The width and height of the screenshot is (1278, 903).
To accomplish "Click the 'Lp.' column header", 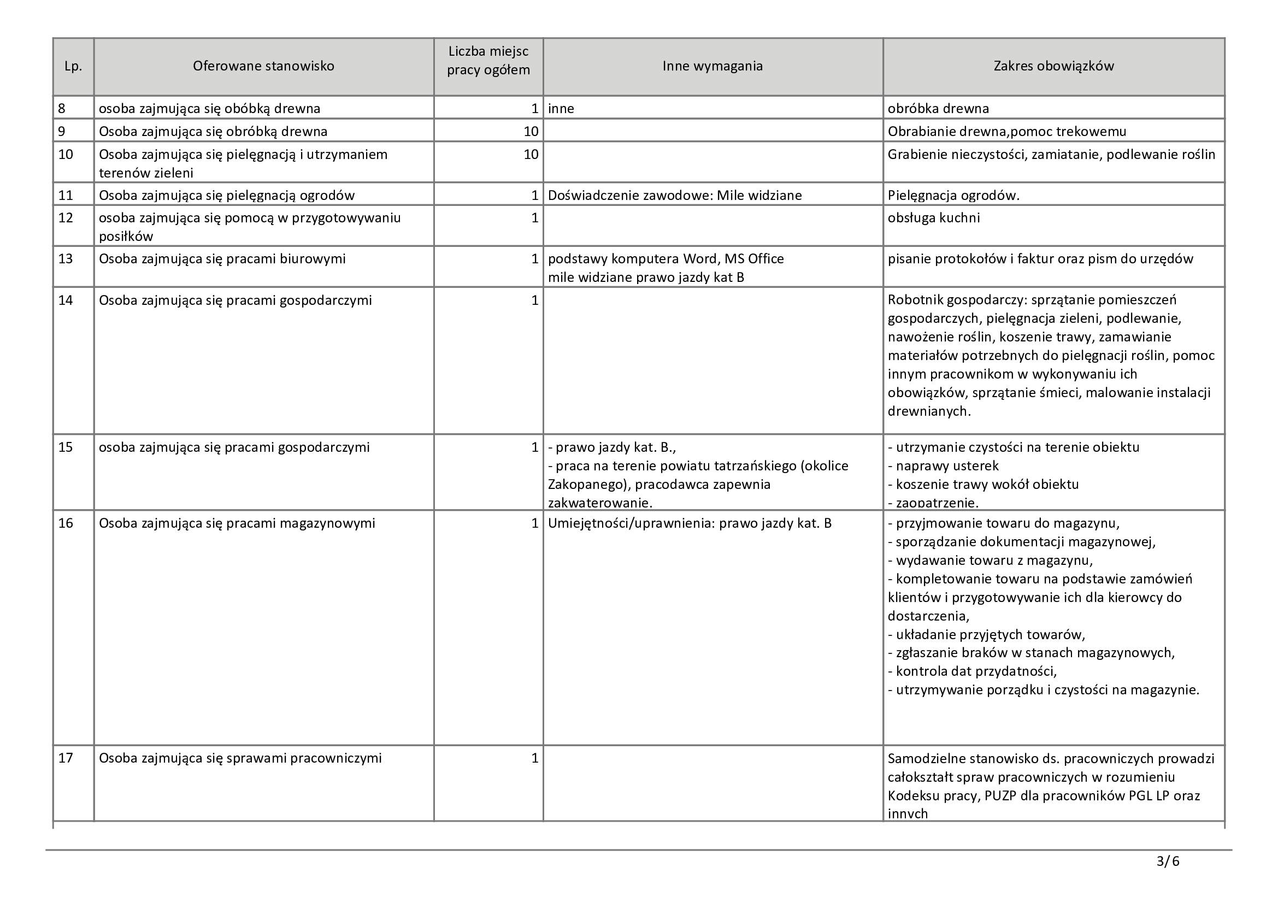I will pyautogui.click(x=73, y=66).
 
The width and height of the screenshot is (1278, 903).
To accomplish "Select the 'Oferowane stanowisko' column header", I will pyautogui.click(x=263, y=66).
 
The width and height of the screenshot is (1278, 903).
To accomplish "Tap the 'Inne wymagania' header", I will pyautogui.click(x=712, y=66).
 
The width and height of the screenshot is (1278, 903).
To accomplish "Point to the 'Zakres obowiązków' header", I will pyautogui.click(x=1053, y=66).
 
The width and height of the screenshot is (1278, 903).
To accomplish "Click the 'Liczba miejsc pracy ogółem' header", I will pyautogui.click(x=488, y=61).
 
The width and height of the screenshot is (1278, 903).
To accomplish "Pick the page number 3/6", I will pyautogui.click(x=1168, y=861).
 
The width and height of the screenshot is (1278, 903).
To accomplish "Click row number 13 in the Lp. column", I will pyautogui.click(x=66, y=259).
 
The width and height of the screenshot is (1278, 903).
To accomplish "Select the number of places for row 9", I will pyautogui.click(x=531, y=131).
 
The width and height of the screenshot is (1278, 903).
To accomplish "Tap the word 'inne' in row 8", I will pyautogui.click(x=561, y=109).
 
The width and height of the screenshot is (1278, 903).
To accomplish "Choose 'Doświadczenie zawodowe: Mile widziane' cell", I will pyautogui.click(x=675, y=195).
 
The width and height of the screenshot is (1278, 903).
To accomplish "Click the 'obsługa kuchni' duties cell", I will pyautogui.click(x=933, y=217).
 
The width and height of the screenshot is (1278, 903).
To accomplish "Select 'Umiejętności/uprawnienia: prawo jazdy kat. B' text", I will pyautogui.click(x=690, y=523).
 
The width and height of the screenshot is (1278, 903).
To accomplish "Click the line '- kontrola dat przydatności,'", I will pyautogui.click(x=973, y=671).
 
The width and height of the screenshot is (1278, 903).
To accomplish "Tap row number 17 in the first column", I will pyautogui.click(x=66, y=758).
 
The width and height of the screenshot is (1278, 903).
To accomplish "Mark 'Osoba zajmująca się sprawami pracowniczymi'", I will pyautogui.click(x=240, y=758).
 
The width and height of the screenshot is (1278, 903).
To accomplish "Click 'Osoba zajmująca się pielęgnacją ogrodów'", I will pyautogui.click(x=227, y=195).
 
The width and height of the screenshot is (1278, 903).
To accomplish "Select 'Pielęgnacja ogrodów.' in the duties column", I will pyautogui.click(x=953, y=195).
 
